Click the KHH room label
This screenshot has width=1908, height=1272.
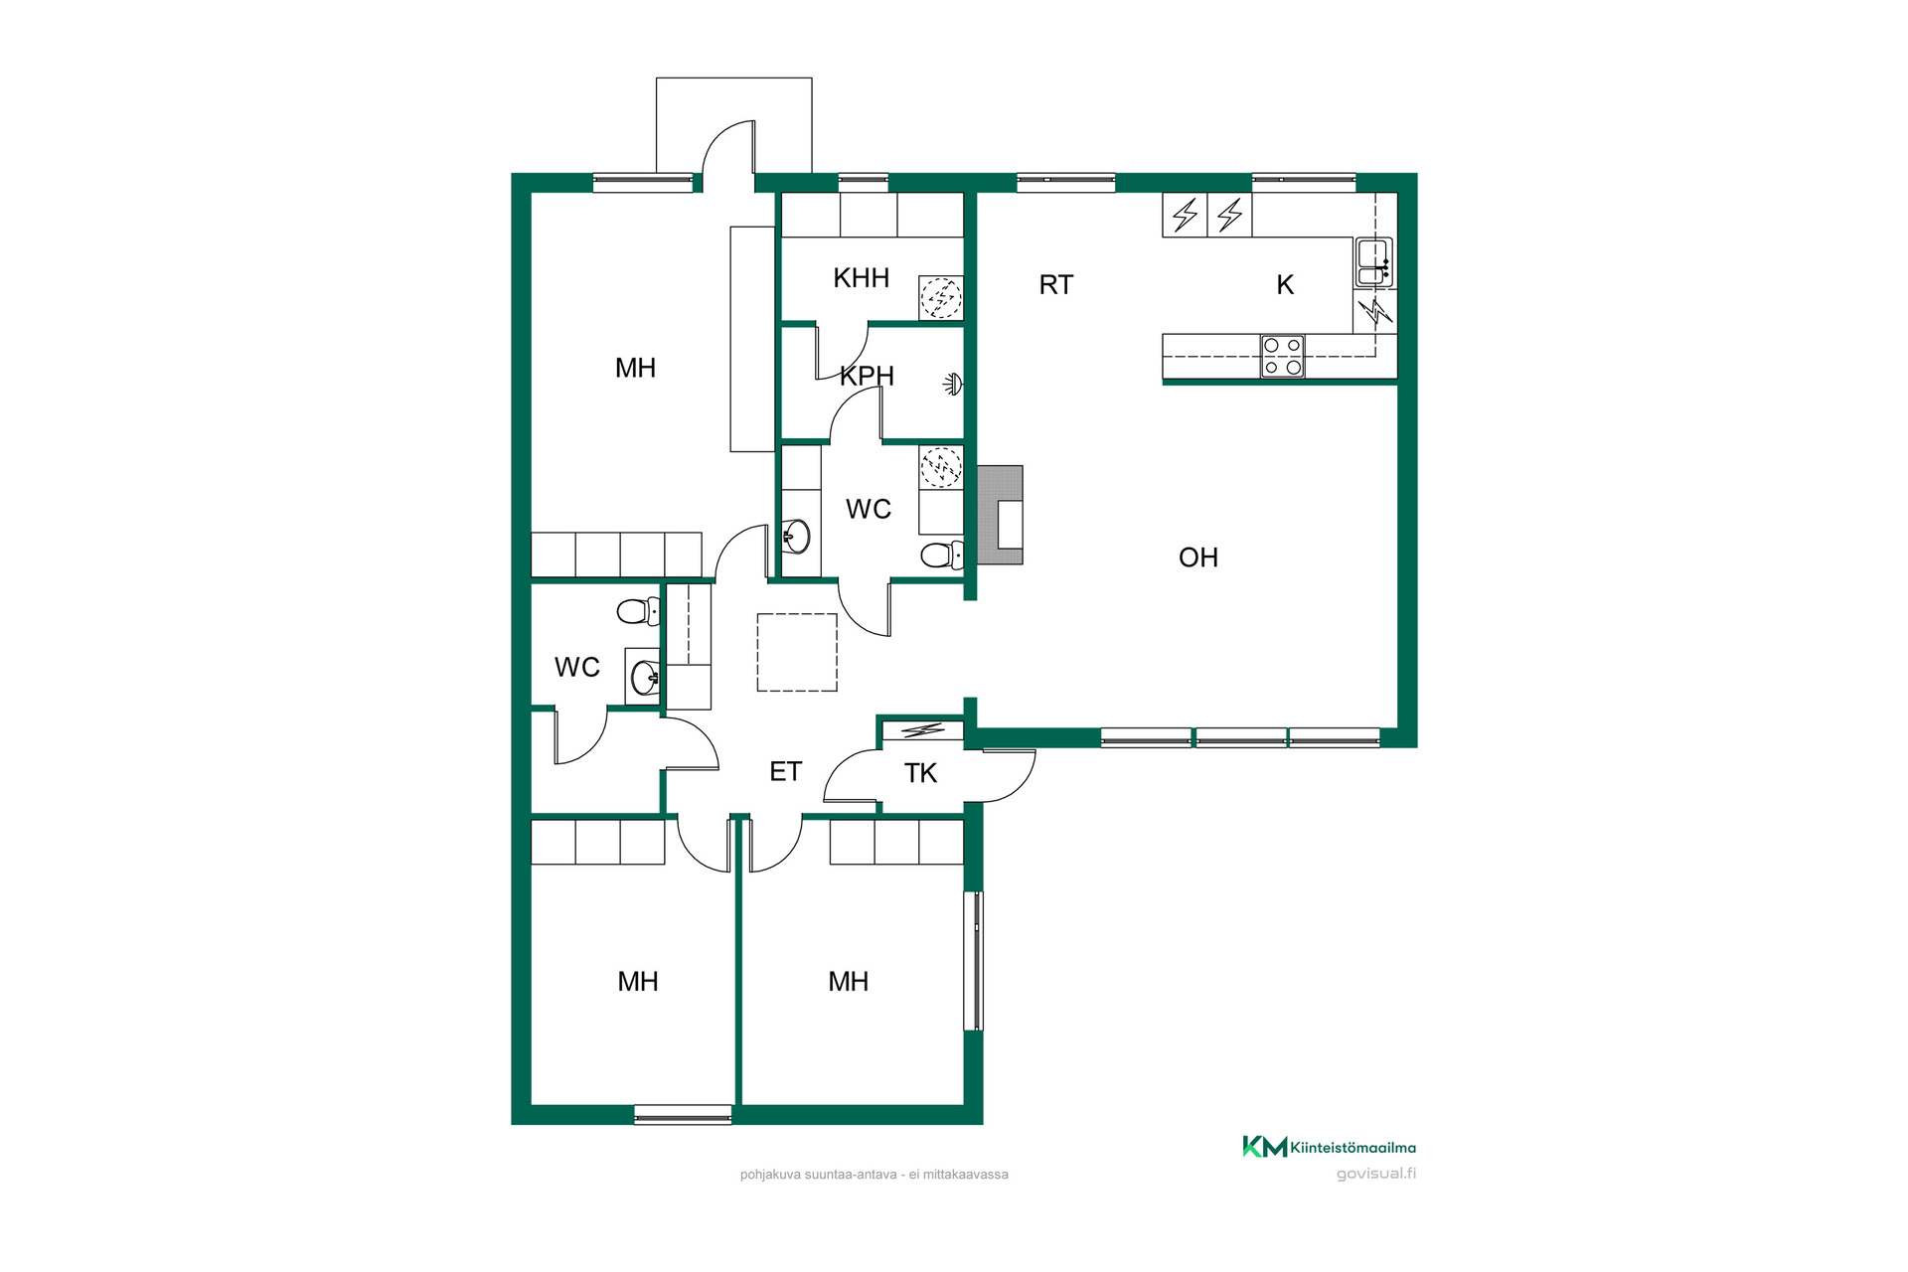pyautogui.click(x=861, y=278)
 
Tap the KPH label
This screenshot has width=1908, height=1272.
pyautogui.click(x=867, y=377)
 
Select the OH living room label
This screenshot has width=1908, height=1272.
pyautogui.click(x=1197, y=557)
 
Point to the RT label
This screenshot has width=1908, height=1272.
pyautogui.click(x=1055, y=285)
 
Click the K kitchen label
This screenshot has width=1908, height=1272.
pyautogui.click(x=1285, y=285)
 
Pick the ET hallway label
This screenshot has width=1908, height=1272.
pyautogui.click(x=785, y=772)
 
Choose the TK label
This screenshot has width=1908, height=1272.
pyautogui.click(x=920, y=773)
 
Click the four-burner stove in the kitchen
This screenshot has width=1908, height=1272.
pyautogui.click(x=1282, y=357)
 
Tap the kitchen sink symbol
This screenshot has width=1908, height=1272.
pyautogui.click(x=1374, y=262)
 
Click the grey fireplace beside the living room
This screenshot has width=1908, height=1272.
pyautogui.click(x=1000, y=515)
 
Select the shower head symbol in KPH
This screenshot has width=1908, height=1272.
pyautogui.click(x=953, y=384)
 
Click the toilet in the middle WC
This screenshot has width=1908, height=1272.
pyautogui.click(x=942, y=555)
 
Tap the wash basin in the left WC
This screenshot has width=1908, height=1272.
pyautogui.click(x=644, y=678)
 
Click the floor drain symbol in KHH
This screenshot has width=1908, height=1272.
pyautogui.click(x=940, y=297)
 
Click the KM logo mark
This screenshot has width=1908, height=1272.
pyautogui.click(x=1264, y=1147)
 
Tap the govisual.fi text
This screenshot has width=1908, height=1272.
pyautogui.click(x=1376, y=1174)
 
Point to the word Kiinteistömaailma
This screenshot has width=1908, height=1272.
pyautogui.click(x=1353, y=1148)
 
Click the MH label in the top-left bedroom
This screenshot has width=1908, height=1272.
pyautogui.click(x=635, y=369)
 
